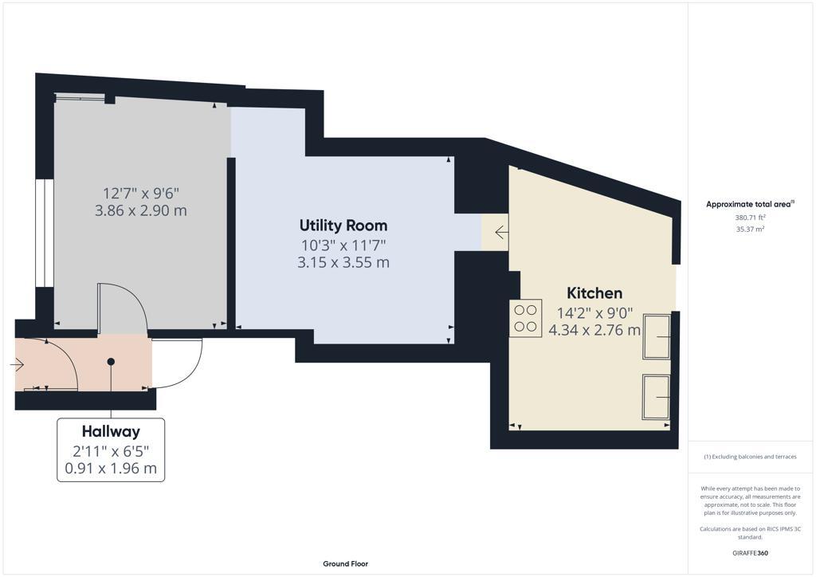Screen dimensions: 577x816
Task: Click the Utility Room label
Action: (x=343, y=226)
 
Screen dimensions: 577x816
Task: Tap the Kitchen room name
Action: (x=594, y=292)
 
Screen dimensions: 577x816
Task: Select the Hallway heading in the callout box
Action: (x=111, y=431)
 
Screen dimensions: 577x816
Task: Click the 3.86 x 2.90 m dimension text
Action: (x=141, y=211)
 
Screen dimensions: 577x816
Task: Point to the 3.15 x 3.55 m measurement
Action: (x=343, y=262)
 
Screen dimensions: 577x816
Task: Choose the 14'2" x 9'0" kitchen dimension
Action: (x=594, y=312)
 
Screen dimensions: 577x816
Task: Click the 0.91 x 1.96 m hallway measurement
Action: (x=111, y=469)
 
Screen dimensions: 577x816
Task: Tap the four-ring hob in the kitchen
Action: (x=525, y=318)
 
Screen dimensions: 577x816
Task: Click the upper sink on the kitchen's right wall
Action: (x=657, y=336)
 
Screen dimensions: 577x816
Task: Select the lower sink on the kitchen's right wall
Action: (x=657, y=396)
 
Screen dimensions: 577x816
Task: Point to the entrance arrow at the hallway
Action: (x=18, y=365)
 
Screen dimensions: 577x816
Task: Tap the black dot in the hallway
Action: (x=111, y=362)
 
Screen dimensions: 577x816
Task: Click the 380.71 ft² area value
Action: (x=750, y=218)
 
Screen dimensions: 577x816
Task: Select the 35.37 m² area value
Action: (x=750, y=230)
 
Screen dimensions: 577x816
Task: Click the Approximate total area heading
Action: (x=750, y=205)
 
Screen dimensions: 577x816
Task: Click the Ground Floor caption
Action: (x=345, y=564)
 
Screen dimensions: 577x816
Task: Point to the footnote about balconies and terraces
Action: (x=751, y=457)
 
